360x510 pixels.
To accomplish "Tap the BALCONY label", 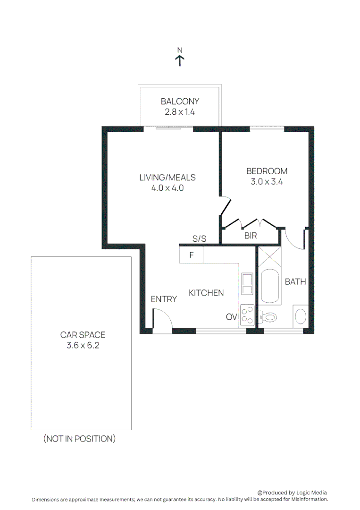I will [x=180, y=101].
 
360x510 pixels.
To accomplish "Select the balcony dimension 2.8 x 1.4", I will [x=180, y=112].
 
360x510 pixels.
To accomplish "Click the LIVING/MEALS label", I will [x=167, y=178].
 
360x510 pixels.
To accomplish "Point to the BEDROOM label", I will [x=267, y=171].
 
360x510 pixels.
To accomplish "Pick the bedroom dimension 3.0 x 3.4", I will [x=267, y=182].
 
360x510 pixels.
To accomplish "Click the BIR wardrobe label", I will [x=251, y=236].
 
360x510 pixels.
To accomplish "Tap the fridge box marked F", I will [x=191, y=255].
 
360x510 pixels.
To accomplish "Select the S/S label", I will [x=199, y=239].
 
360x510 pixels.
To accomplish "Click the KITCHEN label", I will [x=206, y=293].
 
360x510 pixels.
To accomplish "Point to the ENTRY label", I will [x=164, y=299].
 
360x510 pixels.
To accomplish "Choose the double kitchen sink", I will [x=247, y=284].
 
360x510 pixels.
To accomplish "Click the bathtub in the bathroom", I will [x=271, y=287].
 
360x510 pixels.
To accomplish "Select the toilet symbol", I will [x=270, y=318].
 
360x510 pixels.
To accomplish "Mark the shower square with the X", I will [x=270, y=257].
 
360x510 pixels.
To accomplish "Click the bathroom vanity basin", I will [x=301, y=316].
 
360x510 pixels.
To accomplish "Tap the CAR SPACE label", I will [x=83, y=335].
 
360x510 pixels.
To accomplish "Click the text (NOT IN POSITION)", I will [x=79, y=439].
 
